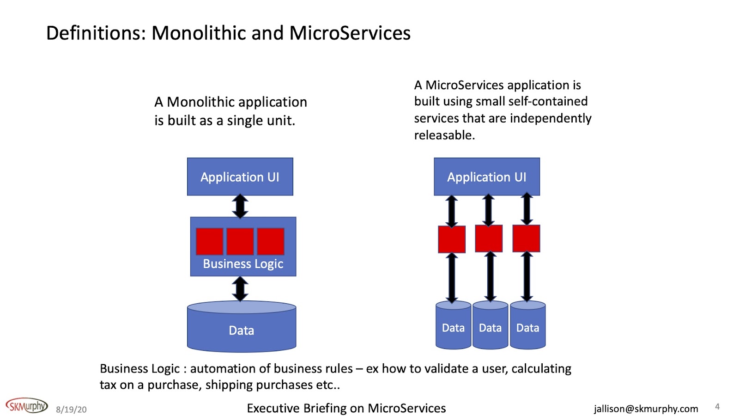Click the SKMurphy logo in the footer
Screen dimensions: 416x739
(x=26, y=406)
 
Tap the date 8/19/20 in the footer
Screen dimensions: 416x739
(x=71, y=410)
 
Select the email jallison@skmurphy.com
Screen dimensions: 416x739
(x=646, y=409)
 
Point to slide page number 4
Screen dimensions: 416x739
(x=717, y=407)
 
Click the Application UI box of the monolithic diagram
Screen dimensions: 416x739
(x=240, y=177)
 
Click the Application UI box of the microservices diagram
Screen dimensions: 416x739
(x=486, y=177)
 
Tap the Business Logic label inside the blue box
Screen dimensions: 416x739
(x=243, y=264)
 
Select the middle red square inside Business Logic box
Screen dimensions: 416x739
(x=240, y=241)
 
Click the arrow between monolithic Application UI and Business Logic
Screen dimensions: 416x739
(x=240, y=206)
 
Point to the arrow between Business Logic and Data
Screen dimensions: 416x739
(x=240, y=288)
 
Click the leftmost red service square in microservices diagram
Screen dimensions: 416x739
(x=452, y=239)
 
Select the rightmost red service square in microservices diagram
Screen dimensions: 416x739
(x=526, y=239)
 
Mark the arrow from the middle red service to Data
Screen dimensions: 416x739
(x=491, y=276)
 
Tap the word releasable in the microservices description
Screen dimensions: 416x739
(x=444, y=135)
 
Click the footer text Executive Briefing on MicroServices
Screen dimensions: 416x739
(x=346, y=409)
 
